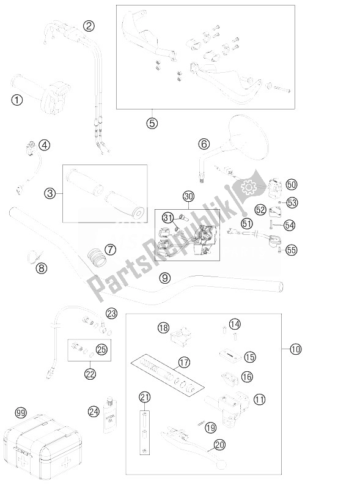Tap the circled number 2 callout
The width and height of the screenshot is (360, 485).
[90, 26]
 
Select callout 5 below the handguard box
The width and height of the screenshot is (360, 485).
[152, 122]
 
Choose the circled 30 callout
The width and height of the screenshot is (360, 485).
[188, 197]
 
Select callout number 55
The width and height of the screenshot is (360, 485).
[291, 250]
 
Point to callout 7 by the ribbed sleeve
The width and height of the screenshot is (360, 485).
[110, 250]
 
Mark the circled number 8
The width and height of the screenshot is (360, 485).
[41, 267]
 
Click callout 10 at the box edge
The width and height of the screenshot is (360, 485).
[296, 350]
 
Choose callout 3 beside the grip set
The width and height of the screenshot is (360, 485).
[51, 194]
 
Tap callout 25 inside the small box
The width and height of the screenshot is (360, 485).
[101, 350]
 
